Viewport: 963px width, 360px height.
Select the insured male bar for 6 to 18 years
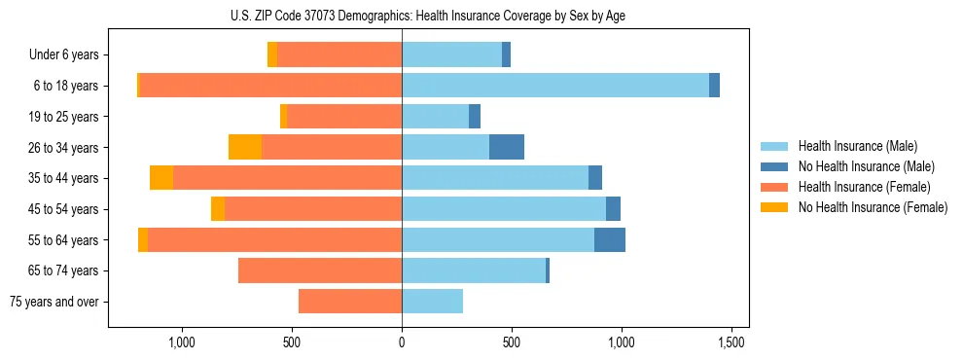(555, 86)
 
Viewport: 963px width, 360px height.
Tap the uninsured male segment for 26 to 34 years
(507, 147)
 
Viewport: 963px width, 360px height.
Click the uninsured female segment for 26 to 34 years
(245, 147)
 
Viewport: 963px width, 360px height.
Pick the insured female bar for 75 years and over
(350, 302)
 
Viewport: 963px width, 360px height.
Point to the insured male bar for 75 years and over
(432, 302)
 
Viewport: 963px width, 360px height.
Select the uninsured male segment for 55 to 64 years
(610, 239)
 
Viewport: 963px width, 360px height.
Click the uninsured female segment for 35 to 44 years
(161, 178)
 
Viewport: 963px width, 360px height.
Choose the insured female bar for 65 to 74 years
(320, 270)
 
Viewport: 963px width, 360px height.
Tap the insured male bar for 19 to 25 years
(435, 117)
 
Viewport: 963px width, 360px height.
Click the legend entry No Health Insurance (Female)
(873, 207)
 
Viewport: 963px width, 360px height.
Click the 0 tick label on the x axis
(402, 342)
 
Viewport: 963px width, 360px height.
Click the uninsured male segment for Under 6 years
(506, 54)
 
